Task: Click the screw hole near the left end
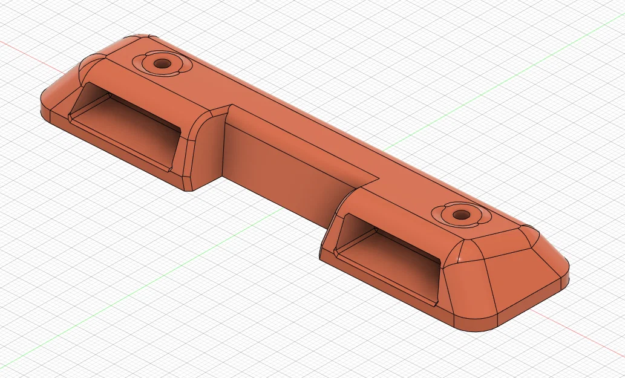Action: [x=162, y=63]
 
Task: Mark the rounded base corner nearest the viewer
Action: [x=478, y=327]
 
